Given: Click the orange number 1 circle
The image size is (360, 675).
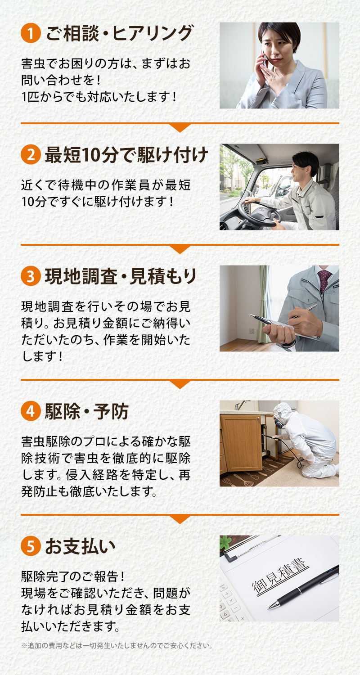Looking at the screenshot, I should coord(31,34).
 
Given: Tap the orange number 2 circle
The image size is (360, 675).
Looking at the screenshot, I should coord(31,155).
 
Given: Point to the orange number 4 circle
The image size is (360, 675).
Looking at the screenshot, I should coord(31,411).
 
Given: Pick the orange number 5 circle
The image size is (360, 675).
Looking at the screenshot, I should coord(31,546).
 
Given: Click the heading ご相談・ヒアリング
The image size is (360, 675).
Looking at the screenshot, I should coord(119,34).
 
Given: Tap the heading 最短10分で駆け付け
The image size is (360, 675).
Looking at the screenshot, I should coord(126,155).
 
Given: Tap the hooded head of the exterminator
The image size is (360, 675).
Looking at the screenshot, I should coord(283,414).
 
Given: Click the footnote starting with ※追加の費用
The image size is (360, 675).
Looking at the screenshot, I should coord(117,646).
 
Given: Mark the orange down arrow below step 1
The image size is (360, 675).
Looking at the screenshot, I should coord(180,127).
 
